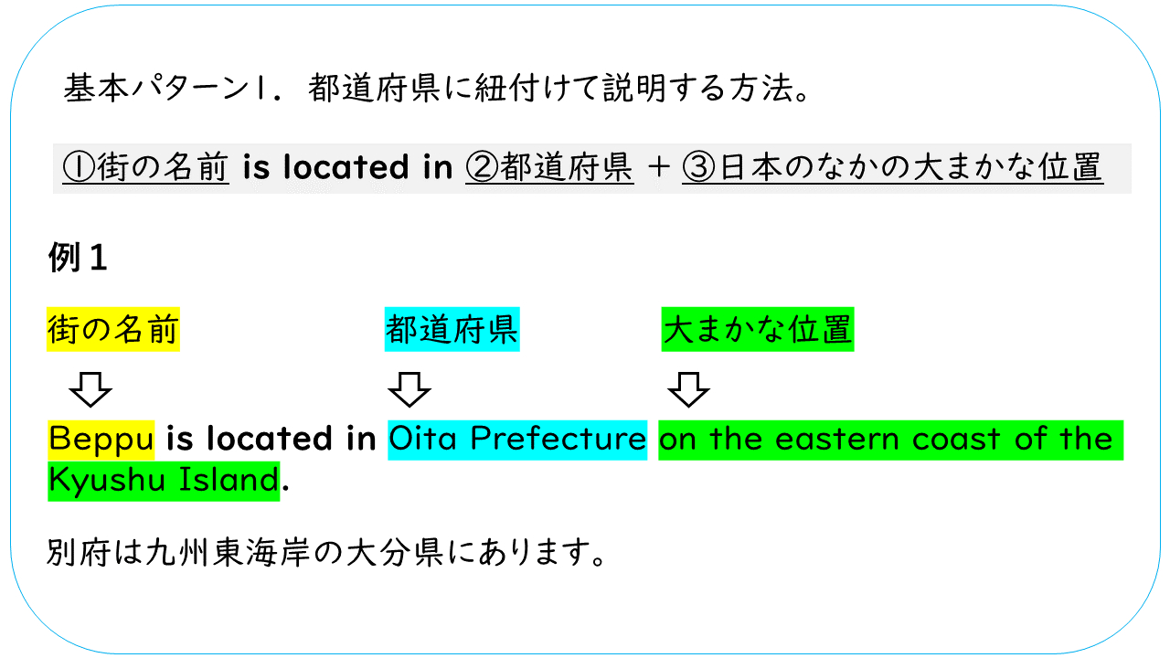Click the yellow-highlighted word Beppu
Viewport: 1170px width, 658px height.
coord(101,440)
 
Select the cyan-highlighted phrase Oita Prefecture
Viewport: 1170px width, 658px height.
coord(517,440)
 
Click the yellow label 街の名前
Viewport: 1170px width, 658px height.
coord(113,330)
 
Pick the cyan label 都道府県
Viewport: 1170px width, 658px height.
coord(452,330)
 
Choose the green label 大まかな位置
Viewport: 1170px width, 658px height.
coord(758,330)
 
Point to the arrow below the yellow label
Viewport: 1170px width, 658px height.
coord(90,389)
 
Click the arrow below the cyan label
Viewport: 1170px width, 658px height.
coord(409,389)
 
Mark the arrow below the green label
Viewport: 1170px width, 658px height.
coord(688,389)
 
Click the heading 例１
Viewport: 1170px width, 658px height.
coord(78,259)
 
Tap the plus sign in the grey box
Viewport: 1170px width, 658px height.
coord(657,168)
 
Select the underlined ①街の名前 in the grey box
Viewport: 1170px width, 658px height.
coord(145,168)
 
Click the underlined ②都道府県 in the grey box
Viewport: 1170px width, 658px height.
coord(549,168)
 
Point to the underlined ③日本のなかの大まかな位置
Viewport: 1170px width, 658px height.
coord(892,168)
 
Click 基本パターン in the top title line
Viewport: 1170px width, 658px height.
coord(155,89)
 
